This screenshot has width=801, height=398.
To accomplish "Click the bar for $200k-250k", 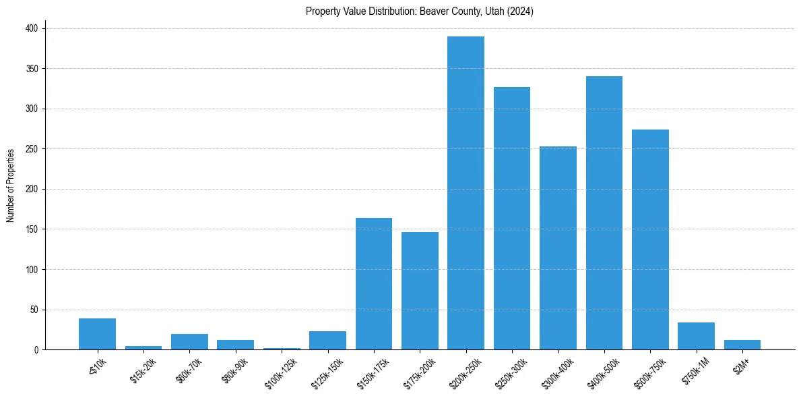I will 466,193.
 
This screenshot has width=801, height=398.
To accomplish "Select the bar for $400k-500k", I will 604,213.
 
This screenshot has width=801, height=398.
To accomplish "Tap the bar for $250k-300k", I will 512,219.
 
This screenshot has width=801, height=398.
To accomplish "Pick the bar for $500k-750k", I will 650,239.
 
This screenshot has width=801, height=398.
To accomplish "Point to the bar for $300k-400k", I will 558,248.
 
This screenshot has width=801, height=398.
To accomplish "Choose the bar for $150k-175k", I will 374,284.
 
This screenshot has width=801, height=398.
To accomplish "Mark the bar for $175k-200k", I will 420,291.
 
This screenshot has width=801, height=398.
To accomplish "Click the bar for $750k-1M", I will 697,336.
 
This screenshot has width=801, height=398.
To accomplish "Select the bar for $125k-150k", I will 327,341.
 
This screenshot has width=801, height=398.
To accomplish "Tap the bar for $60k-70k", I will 189,342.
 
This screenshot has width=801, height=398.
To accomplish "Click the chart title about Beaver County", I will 420,11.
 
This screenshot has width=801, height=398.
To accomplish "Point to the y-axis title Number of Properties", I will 11,185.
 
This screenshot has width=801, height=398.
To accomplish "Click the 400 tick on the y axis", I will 33,28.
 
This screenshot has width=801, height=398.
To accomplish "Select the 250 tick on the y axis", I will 33,149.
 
